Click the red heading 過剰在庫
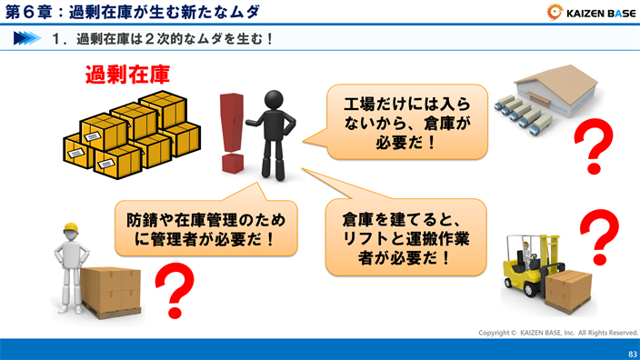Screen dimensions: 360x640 click(x=126, y=74)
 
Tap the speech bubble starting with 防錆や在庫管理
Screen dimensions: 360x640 click(x=205, y=229)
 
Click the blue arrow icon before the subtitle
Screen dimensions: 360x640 click(x=27, y=39)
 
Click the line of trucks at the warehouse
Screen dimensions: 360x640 click(x=523, y=110)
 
